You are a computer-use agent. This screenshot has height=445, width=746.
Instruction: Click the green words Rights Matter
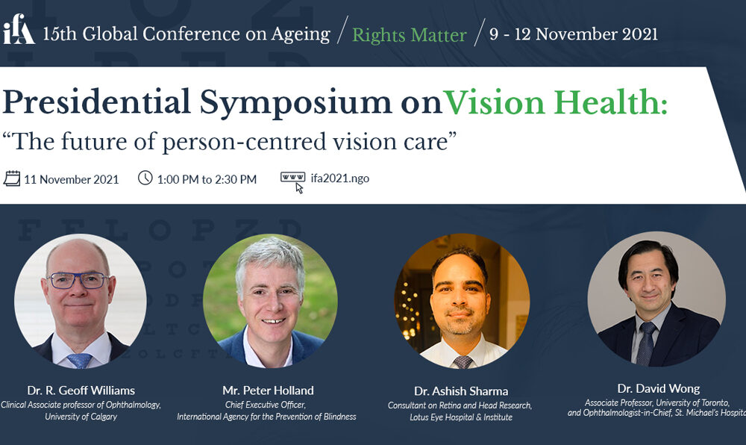click(x=409, y=35)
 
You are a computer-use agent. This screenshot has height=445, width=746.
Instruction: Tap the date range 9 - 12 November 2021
click(x=573, y=34)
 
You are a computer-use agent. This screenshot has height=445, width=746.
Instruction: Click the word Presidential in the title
click(x=96, y=103)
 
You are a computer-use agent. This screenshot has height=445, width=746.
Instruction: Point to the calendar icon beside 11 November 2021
click(x=12, y=178)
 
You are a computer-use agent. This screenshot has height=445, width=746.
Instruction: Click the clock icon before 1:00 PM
click(x=145, y=178)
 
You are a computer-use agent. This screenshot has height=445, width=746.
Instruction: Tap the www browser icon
click(x=293, y=181)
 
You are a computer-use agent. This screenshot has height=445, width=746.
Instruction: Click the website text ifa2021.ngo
click(x=339, y=178)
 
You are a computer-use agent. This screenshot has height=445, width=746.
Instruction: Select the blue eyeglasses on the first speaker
click(x=78, y=280)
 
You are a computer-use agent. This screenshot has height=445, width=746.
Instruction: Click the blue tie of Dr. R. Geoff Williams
click(x=80, y=361)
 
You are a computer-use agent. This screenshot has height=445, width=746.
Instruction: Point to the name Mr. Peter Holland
click(x=268, y=390)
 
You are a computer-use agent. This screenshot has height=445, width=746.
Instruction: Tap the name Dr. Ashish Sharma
click(x=461, y=391)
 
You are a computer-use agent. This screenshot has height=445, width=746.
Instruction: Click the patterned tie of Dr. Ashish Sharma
click(x=463, y=361)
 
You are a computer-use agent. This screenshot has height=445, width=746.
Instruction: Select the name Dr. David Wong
click(x=659, y=389)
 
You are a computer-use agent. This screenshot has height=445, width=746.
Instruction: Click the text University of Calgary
click(x=81, y=417)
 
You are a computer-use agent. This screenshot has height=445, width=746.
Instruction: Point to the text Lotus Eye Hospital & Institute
click(x=461, y=417)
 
